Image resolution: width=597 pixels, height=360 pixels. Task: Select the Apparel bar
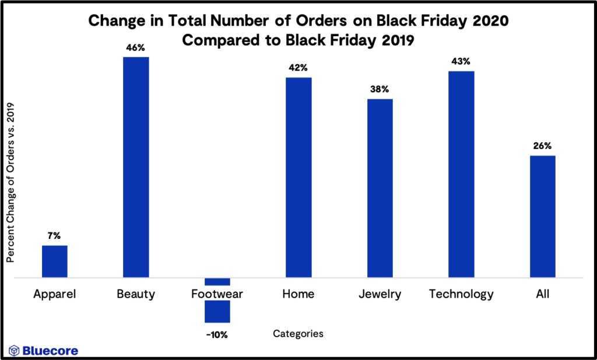pos(54,262)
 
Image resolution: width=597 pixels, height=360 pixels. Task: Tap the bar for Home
pos(298,178)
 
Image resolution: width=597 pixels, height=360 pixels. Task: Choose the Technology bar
pos(461,174)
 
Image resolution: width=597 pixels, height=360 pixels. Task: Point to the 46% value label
pos(135,47)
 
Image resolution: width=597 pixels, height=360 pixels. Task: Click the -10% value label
pos(217,335)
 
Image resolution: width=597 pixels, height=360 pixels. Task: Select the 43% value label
pos(461,61)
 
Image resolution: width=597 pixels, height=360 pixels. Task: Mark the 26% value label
pos(542,146)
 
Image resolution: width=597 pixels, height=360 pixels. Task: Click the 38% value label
pos(380,89)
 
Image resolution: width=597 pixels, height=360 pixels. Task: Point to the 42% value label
pos(298,68)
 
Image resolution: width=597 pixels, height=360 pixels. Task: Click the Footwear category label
pos(217,294)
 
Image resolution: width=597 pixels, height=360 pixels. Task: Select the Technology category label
pos(461,294)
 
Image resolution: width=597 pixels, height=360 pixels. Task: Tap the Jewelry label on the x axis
pos(380,294)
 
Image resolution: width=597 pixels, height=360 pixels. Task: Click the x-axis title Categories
pos(298,334)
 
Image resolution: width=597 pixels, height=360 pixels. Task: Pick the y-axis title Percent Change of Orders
pos(10,182)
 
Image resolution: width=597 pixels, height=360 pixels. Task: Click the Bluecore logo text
pos(50,351)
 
